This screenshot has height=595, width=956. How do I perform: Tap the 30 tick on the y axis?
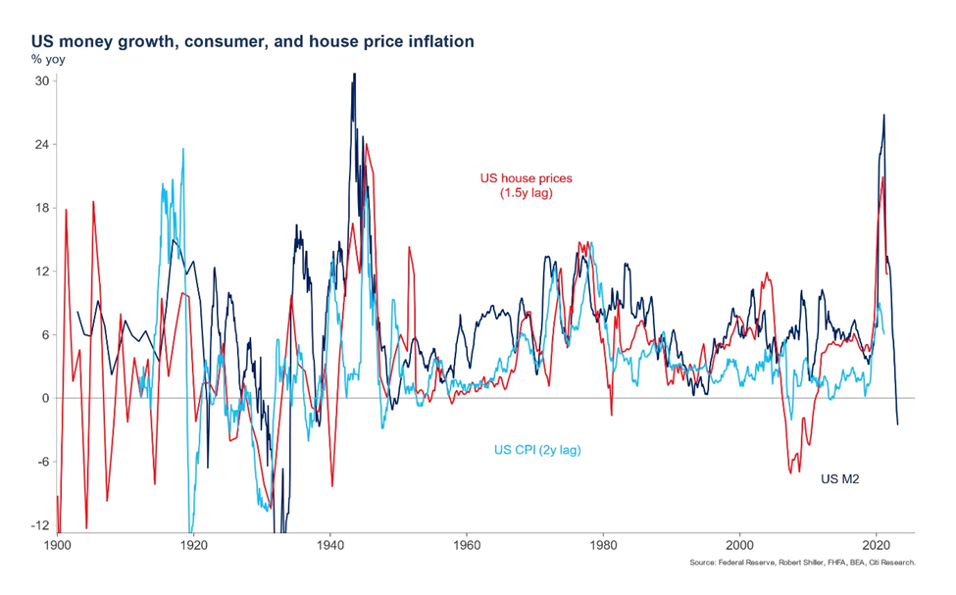pos(42,81)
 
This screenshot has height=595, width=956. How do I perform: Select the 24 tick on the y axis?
pos(42,145)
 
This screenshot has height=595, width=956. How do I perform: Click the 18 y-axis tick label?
pos(42,208)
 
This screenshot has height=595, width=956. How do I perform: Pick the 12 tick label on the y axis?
pos(42,272)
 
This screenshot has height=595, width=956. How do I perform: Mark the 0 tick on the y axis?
pos(45,398)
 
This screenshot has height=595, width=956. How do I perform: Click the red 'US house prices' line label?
pos(526,186)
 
